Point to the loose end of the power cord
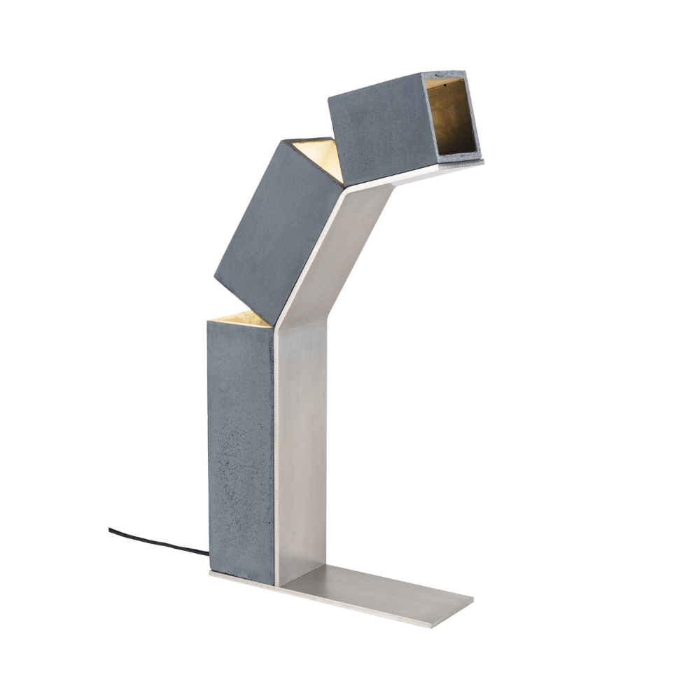111,530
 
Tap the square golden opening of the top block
454,115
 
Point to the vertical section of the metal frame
300,448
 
